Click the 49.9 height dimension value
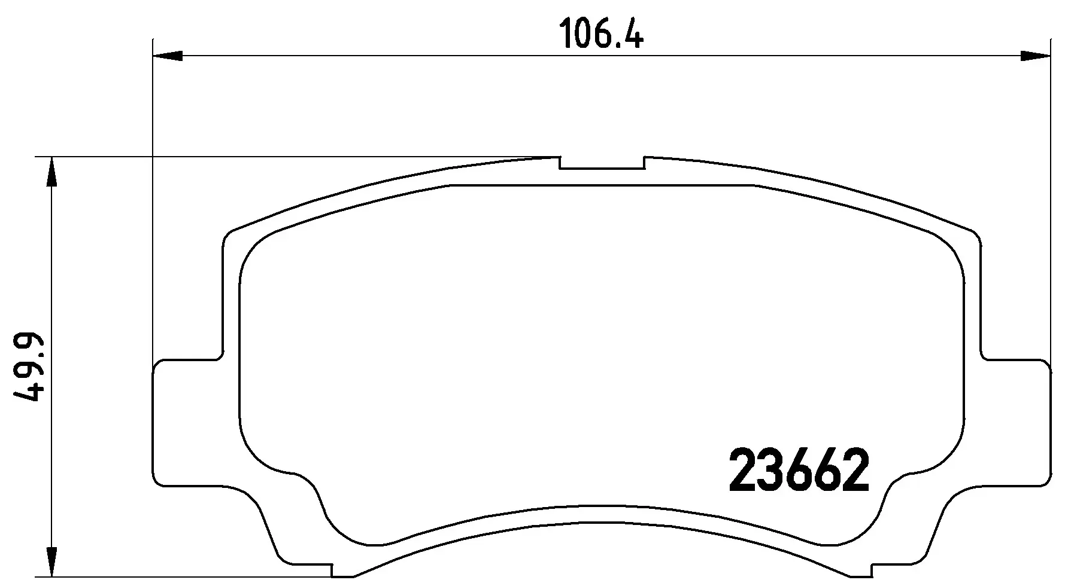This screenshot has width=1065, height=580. click(x=28, y=367)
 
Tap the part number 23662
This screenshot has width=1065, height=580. click(x=799, y=471)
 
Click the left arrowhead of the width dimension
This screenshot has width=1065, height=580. click(x=168, y=56)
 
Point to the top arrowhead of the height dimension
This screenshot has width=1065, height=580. click(x=53, y=173)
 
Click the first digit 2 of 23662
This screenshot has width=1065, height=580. click(x=743, y=471)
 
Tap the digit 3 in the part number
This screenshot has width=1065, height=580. click(x=771, y=471)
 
